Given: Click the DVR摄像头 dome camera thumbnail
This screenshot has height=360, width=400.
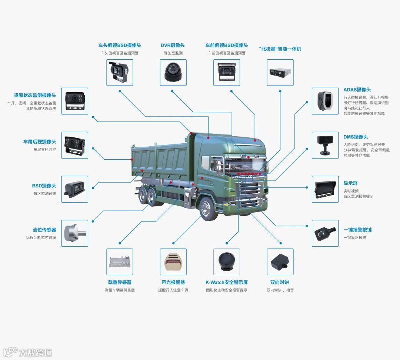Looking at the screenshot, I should pyautogui.click(x=173, y=72).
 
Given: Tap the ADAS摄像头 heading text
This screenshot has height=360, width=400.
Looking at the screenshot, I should pyautogui.click(x=357, y=90).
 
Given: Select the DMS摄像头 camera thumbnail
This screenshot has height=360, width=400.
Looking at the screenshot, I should pyautogui.click(x=325, y=145).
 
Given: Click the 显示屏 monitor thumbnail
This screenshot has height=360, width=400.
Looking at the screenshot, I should pyautogui.click(x=325, y=189).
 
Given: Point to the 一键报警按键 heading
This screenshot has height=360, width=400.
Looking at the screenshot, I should pyautogui.click(x=357, y=230).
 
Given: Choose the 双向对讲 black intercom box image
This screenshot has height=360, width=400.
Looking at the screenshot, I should pyautogui.click(x=280, y=262).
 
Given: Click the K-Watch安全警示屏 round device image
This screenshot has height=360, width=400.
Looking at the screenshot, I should pyautogui.click(x=227, y=262).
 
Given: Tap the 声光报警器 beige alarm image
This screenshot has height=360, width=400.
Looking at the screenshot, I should pyautogui.click(x=173, y=262).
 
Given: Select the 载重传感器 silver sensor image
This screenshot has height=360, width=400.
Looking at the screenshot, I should pyautogui.click(x=120, y=262).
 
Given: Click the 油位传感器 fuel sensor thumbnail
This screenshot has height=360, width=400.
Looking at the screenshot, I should pyautogui.click(x=75, y=233).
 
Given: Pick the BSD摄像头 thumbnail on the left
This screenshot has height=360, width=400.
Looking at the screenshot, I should pyautogui.click(x=75, y=189).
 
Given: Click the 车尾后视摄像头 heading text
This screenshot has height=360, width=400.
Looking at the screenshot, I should pyautogui.click(x=39, y=141).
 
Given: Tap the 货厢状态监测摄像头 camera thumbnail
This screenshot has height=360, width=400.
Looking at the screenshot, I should pyautogui.click(x=75, y=101).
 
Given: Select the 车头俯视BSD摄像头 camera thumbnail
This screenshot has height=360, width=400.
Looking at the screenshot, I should pyautogui.click(x=120, y=72).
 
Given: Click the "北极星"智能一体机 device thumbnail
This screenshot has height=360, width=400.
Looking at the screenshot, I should pyautogui.click(x=280, y=72).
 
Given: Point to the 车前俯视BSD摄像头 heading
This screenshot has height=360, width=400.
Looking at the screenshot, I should pyautogui.click(x=227, y=45).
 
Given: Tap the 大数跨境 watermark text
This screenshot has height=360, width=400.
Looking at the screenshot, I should pyautogui.click(x=36, y=352).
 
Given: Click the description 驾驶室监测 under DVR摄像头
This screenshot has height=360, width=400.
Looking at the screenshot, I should pyautogui.click(x=173, y=53).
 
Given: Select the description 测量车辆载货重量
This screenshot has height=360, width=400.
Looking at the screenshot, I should pyautogui.click(x=120, y=290).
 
